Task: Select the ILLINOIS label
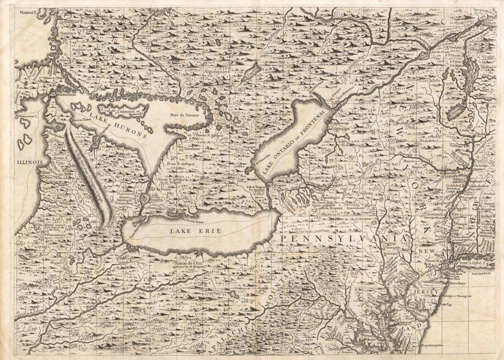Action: click(x=30, y=162)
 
